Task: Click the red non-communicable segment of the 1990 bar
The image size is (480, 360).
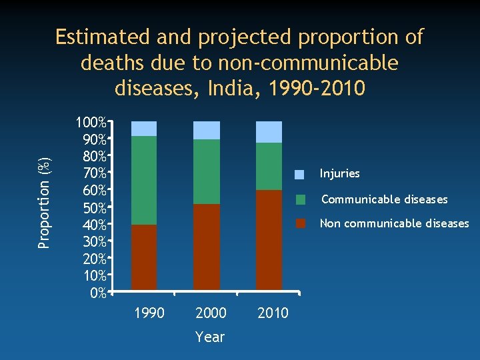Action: tap(144, 257)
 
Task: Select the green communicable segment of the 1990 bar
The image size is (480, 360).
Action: tap(144, 180)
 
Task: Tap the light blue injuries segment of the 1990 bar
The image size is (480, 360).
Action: tap(144, 129)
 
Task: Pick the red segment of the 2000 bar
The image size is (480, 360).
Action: tap(207, 247)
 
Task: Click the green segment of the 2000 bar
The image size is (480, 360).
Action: tap(207, 171)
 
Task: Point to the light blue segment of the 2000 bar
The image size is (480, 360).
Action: tap(207, 130)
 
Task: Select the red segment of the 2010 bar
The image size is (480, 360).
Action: tap(269, 240)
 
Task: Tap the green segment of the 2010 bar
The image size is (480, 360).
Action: tap(269, 166)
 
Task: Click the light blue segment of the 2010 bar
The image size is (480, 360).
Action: tap(269, 132)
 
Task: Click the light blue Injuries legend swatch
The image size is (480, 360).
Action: tap(300, 175)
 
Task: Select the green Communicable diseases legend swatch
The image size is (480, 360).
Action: tap(301, 199)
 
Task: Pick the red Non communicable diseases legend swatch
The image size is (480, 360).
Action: tap(301, 223)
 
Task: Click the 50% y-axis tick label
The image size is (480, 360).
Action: tap(93, 208)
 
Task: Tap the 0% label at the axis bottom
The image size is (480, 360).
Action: tap(97, 293)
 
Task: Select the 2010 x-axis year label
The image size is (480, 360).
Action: tap(273, 313)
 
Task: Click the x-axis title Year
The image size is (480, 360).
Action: tap(210, 337)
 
